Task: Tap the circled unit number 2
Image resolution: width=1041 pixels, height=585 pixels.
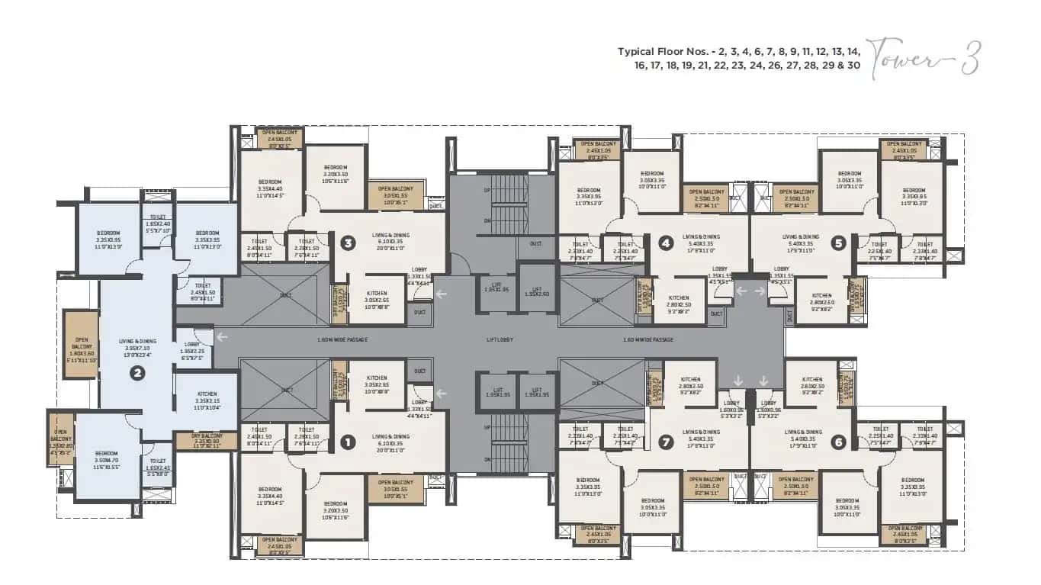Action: (x=137, y=373)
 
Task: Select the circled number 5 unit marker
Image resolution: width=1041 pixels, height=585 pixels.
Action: (x=839, y=244)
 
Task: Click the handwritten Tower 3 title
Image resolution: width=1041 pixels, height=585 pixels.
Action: (x=924, y=58)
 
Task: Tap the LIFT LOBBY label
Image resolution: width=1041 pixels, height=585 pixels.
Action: (x=502, y=339)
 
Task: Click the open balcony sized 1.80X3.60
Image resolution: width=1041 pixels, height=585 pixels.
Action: (x=81, y=344)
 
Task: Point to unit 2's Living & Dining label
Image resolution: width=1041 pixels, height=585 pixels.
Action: (x=137, y=345)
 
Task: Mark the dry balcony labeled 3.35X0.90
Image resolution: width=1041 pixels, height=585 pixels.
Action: (x=207, y=441)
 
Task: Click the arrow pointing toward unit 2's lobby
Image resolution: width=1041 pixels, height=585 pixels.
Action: (x=221, y=336)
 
